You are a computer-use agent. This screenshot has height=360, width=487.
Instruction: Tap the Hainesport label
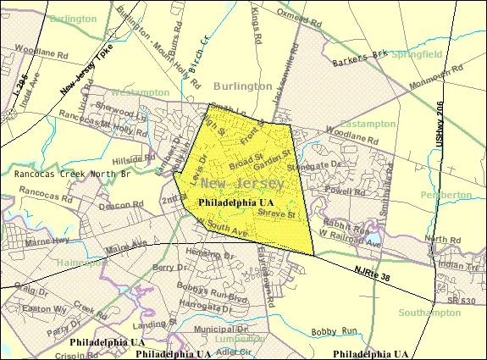click(82, 263)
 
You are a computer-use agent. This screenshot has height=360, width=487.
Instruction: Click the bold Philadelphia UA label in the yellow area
click(235, 203)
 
